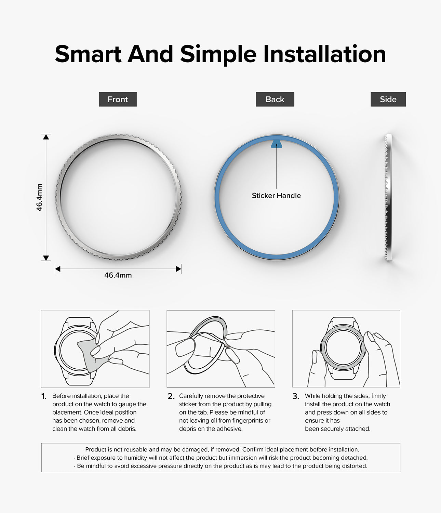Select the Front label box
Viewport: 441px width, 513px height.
[118, 99]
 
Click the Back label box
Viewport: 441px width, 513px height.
[275, 99]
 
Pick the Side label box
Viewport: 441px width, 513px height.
[388, 99]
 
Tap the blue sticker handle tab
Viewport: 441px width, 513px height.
[277, 144]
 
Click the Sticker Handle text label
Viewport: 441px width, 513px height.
[276, 196]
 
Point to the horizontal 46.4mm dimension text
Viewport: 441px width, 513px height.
[118, 275]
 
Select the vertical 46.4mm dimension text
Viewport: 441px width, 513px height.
[39, 197]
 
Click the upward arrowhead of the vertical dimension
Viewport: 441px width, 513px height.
[46, 137]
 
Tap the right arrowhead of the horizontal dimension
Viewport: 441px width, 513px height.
[178, 269]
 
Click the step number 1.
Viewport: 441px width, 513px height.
[44, 396]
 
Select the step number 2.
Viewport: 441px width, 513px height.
[171, 396]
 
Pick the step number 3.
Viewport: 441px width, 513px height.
[296, 396]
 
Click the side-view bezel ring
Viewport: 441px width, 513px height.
[388, 197]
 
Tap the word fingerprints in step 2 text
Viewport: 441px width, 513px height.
[247, 420]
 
